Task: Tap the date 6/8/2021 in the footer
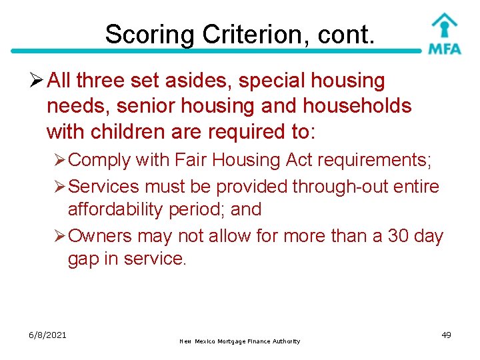pyautogui.click(x=47, y=335)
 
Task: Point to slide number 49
pyautogui.click(x=446, y=335)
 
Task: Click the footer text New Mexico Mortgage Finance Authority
pyautogui.click(x=240, y=341)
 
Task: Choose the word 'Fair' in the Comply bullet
pyautogui.click(x=188, y=160)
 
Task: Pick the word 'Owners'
pyautogui.click(x=101, y=236)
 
